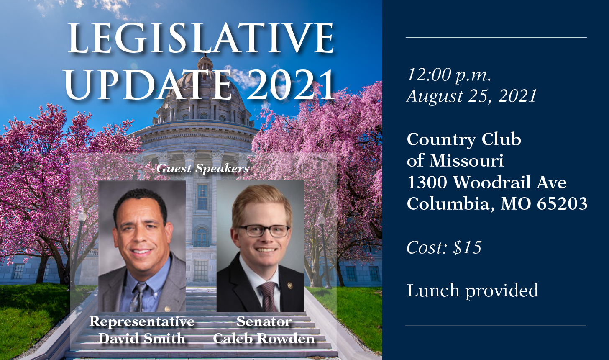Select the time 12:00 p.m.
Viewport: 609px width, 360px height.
point(449,75)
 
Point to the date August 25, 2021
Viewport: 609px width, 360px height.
point(471,96)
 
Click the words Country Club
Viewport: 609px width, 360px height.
point(464,139)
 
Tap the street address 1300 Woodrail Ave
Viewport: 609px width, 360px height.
point(486,182)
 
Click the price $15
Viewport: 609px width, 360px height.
point(467,247)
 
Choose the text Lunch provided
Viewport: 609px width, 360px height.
point(472,291)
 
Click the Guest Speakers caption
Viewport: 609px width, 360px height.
point(203,169)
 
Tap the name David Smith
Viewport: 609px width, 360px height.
point(142,338)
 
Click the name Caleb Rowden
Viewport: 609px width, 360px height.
point(264,338)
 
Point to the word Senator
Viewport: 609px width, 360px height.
point(264,321)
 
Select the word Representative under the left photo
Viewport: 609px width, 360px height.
point(142,321)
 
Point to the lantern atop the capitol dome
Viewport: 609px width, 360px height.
point(205,63)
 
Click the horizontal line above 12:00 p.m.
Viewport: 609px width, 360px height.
point(496,37)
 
